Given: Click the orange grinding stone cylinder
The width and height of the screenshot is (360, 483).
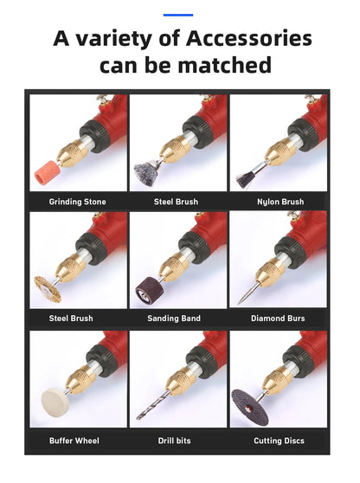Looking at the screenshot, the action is pos(46,172).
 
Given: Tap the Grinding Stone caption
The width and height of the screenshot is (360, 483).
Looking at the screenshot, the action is pos(77,202).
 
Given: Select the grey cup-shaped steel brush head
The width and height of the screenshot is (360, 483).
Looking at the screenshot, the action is pos(146,172).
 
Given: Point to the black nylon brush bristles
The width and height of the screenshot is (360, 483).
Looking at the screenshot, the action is pos(244,180).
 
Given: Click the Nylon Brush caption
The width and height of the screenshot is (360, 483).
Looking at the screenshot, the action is pos(280,202).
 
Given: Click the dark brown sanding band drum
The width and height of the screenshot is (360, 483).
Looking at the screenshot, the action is pos(146,291).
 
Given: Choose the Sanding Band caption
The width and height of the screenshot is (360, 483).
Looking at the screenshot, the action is pos(174,319).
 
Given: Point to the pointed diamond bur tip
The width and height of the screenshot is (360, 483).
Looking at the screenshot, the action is pos(238,304).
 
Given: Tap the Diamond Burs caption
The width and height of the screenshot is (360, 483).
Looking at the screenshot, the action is pos(278,319).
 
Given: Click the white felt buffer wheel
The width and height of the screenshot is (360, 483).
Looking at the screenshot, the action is pos(53,402).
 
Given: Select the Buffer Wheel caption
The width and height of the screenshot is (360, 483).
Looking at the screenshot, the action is pos(74,441).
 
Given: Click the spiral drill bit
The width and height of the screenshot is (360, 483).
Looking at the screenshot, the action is pos(153,405).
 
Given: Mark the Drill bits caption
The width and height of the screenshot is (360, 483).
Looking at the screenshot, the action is pos(174,441).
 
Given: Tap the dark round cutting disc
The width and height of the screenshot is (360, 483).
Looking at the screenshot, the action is pos(250,408).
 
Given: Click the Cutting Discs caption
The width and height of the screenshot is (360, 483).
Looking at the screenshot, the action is pos(279,441).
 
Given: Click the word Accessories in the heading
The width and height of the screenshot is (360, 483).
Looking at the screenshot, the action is pos(249,38).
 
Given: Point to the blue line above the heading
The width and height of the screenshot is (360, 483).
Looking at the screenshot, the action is pos(178,15).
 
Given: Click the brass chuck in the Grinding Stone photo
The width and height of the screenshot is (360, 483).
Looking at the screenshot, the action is pos(73,151).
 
